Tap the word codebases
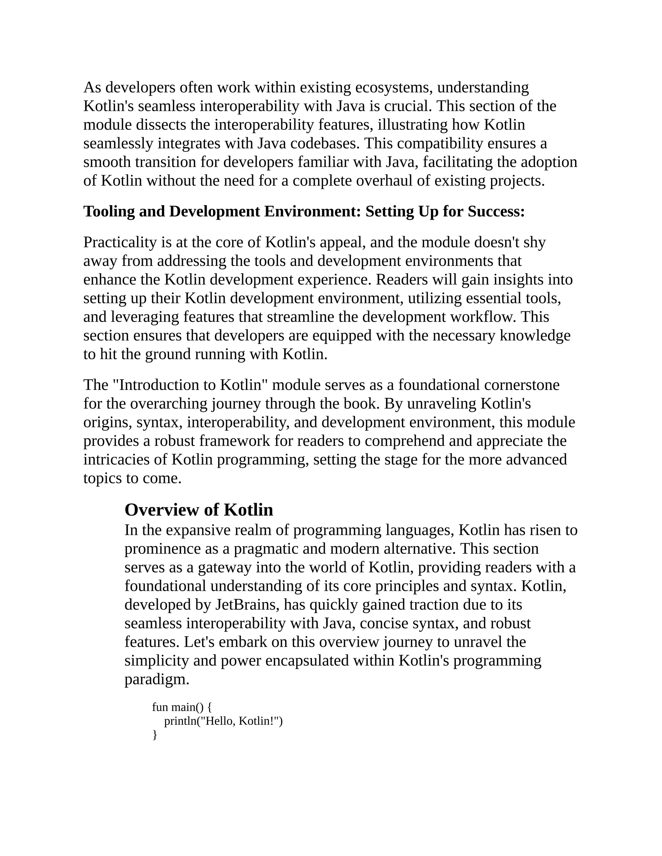pyautogui.click(x=324, y=143)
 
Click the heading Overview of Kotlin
pyautogui.click(x=198, y=510)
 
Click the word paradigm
pyautogui.click(x=156, y=680)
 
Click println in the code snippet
pyautogui.click(x=180, y=721)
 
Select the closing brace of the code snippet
pyautogui.click(x=155, y=735)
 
